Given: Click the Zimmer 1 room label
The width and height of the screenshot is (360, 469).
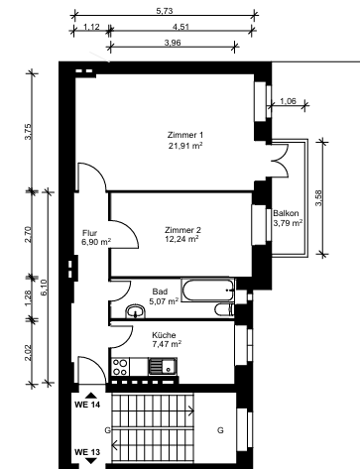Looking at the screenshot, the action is point(185,135).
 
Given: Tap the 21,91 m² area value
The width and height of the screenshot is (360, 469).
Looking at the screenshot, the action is point(185,146).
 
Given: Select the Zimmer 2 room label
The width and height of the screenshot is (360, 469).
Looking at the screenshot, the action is point(182,230).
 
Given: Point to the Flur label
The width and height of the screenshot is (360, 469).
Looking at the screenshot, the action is point(89,233).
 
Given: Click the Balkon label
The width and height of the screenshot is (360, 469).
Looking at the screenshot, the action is point(286,213).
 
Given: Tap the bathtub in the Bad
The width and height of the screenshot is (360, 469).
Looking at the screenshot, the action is point(208,290).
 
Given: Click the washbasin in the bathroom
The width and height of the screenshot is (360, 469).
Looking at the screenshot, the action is point(136,311).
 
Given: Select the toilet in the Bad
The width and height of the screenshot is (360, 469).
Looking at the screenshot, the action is point(224,310).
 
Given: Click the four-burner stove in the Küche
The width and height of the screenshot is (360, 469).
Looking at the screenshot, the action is point(120,367).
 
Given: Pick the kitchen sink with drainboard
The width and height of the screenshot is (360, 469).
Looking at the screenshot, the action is point(163,366).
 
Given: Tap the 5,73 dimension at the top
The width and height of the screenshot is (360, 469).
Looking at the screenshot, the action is point(165,11).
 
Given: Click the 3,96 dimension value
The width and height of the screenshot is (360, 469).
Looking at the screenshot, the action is point(173,43).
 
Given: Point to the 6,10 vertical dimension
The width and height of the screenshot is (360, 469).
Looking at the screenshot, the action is point(45,288).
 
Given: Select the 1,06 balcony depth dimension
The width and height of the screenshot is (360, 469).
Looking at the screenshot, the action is point(288,101).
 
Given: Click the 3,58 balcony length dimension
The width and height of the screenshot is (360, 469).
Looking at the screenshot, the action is point(318,198).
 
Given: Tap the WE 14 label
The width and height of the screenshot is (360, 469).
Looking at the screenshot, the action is point(87,405).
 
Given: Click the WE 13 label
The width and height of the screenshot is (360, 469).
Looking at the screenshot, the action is point(87,452).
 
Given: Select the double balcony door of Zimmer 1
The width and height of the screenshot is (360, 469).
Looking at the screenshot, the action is point(280,161).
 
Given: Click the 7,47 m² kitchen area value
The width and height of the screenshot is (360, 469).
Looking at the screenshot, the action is point(167,344).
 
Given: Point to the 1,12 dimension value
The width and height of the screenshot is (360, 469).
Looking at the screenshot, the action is point(91,27).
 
